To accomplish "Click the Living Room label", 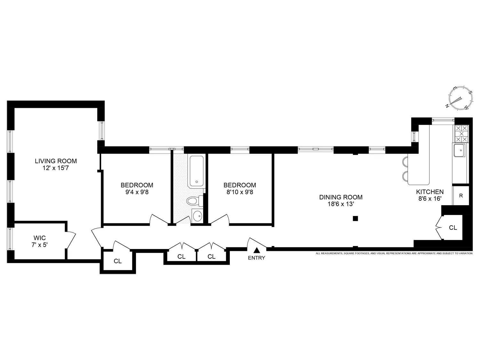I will (x=56, y=161).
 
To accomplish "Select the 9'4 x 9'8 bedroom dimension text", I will (x=137, y=192).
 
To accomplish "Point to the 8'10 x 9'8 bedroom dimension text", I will (x=240, y=192).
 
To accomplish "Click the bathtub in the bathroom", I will (x=196, y=171).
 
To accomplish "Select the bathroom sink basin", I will (x=197, y=216).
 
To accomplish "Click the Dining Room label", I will (x=341, y=197).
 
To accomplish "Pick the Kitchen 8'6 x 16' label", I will (x=429, y=195).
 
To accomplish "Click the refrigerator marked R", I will (x=461, y=196).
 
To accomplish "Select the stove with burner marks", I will (x=461, y=133).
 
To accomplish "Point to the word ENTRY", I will (x=257, y=258).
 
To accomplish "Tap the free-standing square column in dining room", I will (x=355, y=219).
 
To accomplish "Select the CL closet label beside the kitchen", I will (x=453, y=228).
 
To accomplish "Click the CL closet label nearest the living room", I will (x=117, y=261).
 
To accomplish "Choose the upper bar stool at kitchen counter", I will (x=405, y=161).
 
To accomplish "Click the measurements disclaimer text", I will (x=394, y=253).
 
